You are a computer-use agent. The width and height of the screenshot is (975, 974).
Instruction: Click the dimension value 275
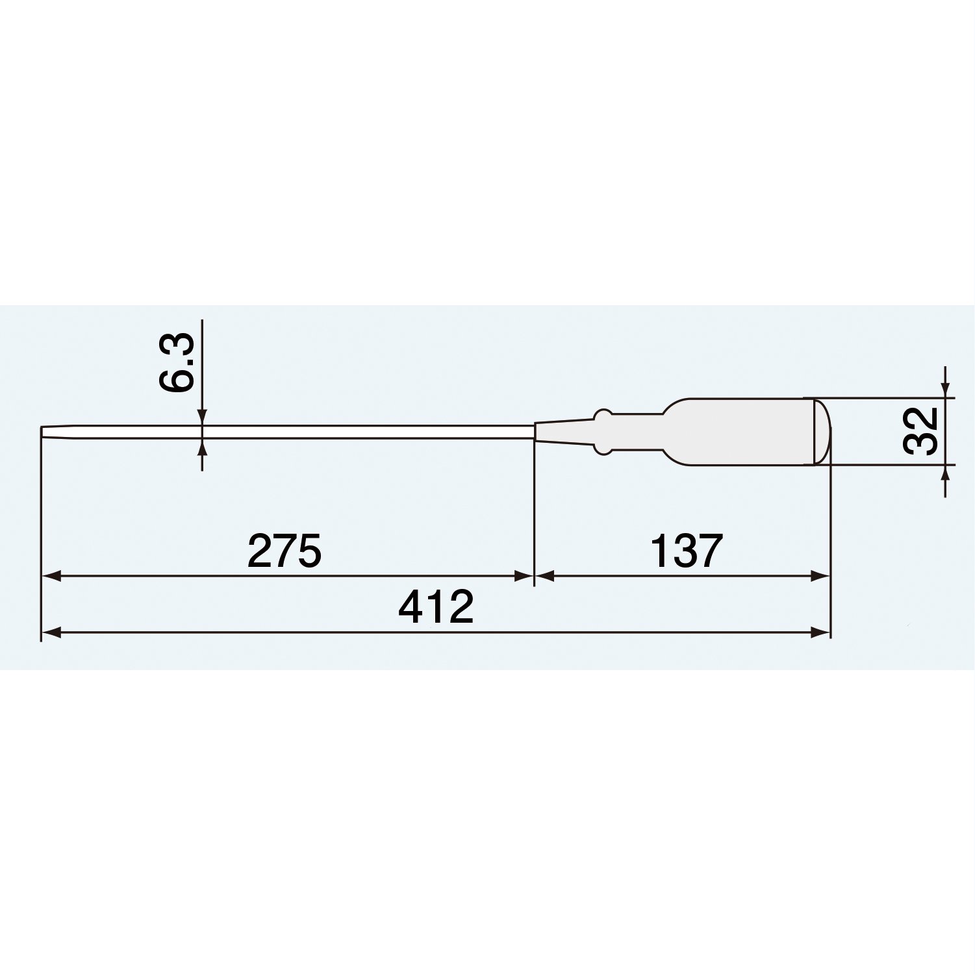point(285,551)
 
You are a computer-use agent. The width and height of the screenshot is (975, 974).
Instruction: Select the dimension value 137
point(686,551)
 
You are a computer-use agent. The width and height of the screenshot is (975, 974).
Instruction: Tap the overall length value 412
point(436,608)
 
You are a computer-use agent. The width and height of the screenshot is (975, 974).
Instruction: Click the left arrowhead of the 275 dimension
point(51,576)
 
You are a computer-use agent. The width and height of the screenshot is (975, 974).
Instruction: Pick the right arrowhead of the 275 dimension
point(524,576)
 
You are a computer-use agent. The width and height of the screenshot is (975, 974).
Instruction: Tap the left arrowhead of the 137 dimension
point(544,576)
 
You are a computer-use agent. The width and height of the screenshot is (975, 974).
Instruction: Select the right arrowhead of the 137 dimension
point(820,576)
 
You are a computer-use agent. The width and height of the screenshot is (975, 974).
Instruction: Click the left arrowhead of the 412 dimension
point(51,632)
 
